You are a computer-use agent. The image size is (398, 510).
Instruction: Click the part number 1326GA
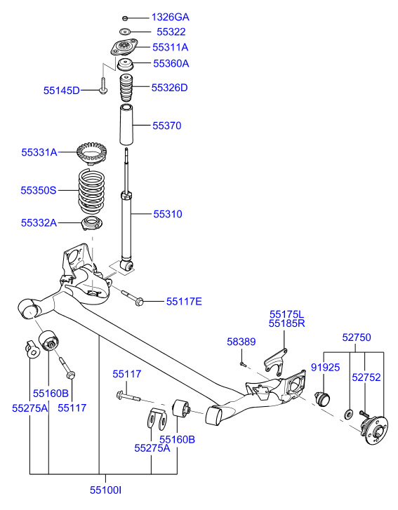(x=170, y=17)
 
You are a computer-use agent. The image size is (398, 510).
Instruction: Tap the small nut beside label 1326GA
(x=124, y=18)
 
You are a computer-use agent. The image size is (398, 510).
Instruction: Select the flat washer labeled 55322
(x=125, y=32)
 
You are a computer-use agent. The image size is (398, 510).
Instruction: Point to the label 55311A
(x=171, y=48)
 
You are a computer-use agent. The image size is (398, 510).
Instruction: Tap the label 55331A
(x=39, y=152)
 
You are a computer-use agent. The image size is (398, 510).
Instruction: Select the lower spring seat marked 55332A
(x=91, y=225)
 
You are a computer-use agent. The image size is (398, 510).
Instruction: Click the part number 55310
(x=168, y=213)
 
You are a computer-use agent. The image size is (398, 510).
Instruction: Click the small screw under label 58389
(x=241, y=363)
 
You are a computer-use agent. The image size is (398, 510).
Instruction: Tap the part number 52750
(x=356, y=337)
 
